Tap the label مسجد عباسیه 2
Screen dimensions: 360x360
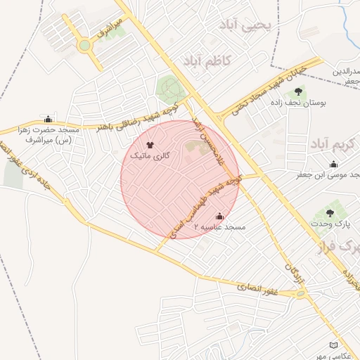pyautogui.click(x=221, y=228)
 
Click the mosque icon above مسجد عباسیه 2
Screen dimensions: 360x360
pyautogui.click(x=219, y=216)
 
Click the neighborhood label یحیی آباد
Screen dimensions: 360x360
pyautogui.click(x=249, y=27)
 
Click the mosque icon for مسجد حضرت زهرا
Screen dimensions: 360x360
pyautogui.click(x=48, y=119)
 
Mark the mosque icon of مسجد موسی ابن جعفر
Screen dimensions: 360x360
pyautogui.click(x=333, y=163)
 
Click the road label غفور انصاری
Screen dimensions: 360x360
pyautogui.click(x=256, y=287)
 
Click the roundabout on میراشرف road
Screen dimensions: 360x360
pyautogui.click(x=84, y=46)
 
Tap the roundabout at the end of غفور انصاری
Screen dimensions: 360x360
pyautogui.click(x=302, y=294)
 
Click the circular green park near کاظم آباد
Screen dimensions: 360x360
pyautogui.click(x=169, y=89)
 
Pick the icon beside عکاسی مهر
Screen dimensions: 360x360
pyautogui.click(x=333, y=345)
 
